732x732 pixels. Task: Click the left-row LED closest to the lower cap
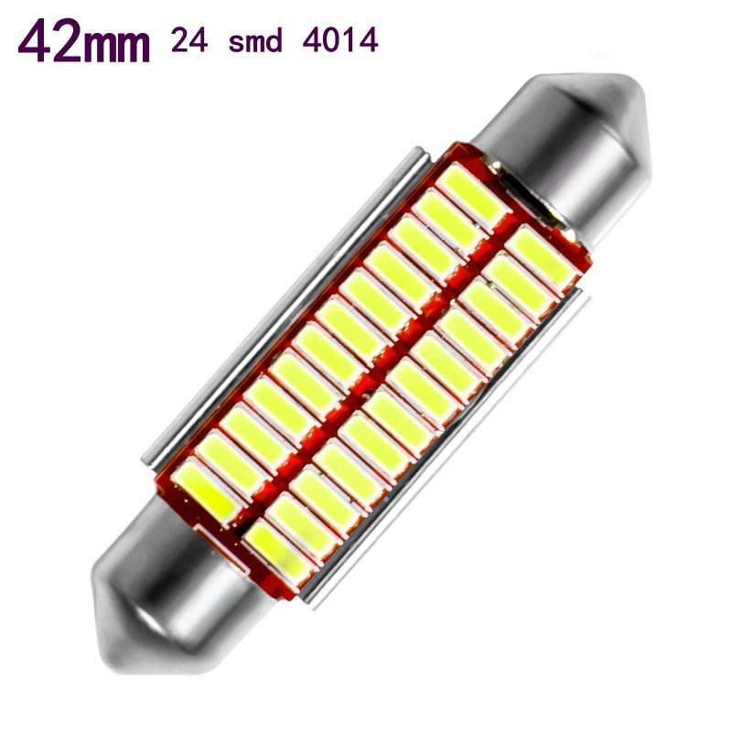pyautogui.click(x=209, y=490)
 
